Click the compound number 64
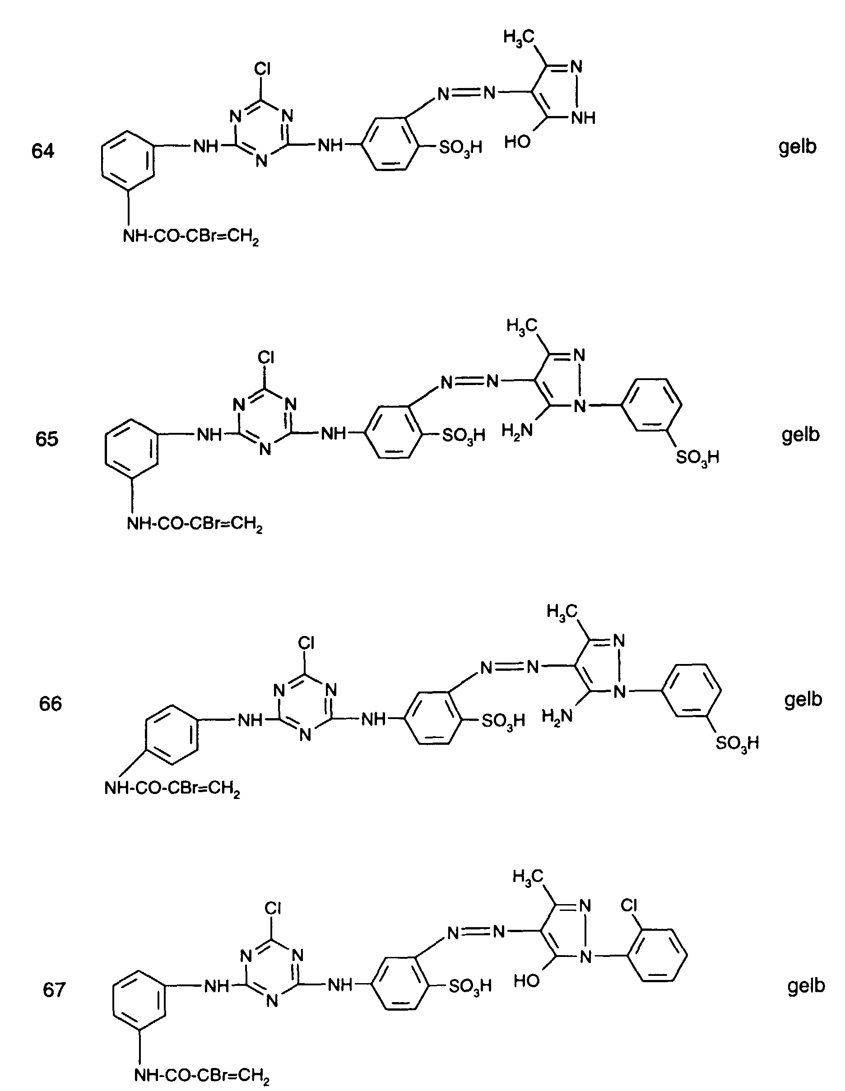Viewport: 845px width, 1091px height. [42, 150]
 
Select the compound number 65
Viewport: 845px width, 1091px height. [46, 439]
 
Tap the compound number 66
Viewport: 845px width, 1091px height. [50, 703]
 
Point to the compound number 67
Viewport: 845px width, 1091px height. [54, 989]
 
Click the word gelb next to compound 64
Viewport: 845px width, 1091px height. [797, 146]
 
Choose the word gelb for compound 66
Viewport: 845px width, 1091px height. [803, 699]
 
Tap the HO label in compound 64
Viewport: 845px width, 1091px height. [517, 142]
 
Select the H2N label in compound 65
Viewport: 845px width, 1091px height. [517, 430]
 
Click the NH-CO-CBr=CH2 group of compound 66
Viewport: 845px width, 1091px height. [172, 788]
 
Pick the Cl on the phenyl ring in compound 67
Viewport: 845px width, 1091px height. [629, 905]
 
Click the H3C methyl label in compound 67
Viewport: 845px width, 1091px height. [527, 876]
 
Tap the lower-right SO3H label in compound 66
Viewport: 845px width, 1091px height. [737, 743]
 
